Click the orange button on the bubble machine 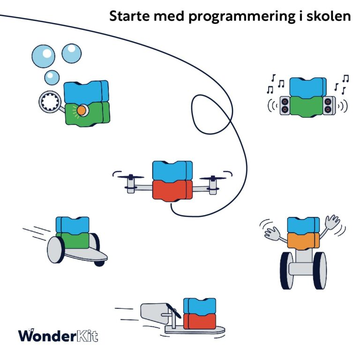point(82,110)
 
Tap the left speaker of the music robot point(285,105)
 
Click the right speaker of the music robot point(329,105)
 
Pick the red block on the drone point(172,189)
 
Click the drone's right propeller point(214,178)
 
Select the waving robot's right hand point(332,221)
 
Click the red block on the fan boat point(199,321)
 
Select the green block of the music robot point(307,105)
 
